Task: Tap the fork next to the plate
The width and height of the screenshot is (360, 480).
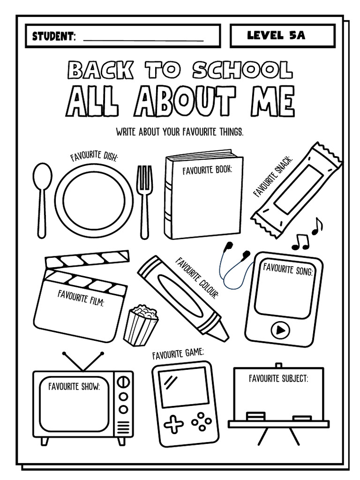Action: click(x=144, y=197)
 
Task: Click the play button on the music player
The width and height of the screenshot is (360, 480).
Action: click(x=280, y=330)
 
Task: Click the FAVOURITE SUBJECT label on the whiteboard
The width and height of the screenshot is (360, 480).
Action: click(x=278, y=379)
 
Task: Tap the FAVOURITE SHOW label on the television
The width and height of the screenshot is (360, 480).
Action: click(x=74, y=387)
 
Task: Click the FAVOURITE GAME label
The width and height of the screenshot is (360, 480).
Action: click(x=178, y=354)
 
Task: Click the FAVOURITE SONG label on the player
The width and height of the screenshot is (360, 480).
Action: click(x=287, y=270)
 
